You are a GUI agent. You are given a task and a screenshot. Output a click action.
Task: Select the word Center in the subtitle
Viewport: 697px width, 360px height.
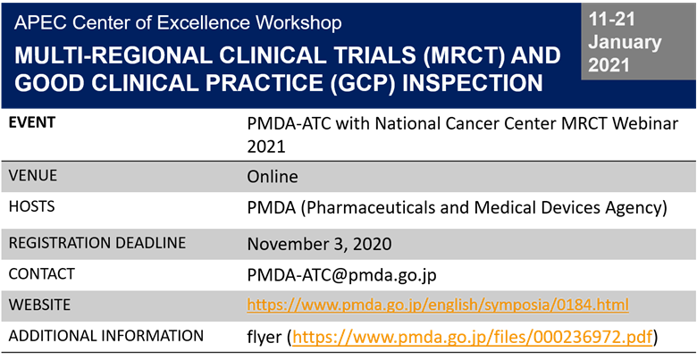click(x=94, y=21)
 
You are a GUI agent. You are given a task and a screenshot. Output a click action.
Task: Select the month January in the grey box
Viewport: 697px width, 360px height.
click(x=626, y=42)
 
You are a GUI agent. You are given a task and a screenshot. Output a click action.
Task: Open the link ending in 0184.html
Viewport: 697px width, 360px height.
click(x=438, y=306)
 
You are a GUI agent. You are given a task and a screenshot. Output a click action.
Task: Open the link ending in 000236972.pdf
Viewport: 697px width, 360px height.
click(x=473, y=337)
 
